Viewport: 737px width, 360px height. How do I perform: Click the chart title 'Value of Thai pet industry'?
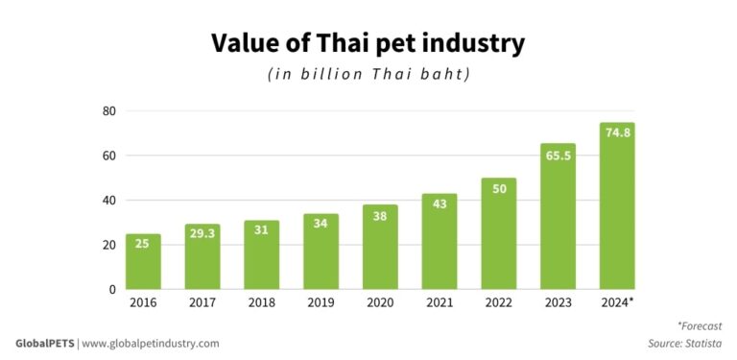(x=368, y=43)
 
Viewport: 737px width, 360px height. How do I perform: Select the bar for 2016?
(x=143, y=261)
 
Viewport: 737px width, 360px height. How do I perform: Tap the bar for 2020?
(x=380, y=247)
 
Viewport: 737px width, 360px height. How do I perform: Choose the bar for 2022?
(x=499, y=233)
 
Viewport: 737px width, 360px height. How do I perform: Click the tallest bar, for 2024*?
(x=617, y=205)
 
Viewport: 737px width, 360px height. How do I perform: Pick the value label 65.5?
(x=559, y=155)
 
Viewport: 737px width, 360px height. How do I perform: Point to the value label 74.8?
(x=617, y=133)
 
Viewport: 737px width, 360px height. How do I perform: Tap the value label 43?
(x=440, y=204)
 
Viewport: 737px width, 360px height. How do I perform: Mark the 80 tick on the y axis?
(x=109, y=111)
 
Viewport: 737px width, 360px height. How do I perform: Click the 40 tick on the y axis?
(x=109, y=201)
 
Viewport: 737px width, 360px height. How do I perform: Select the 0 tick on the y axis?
(x=112, y=289)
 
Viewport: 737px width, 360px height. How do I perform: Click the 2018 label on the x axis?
(x=261, y=303)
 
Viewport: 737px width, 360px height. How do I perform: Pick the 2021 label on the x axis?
(x=440, y=303)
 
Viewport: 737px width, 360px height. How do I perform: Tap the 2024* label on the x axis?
(x=617, y=303)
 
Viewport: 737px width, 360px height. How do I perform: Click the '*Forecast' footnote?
(x=699, y=326)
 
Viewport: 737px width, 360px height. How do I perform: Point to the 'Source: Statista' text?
(x=684, y=343)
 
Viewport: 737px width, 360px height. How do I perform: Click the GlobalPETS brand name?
(x=44, y=343)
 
